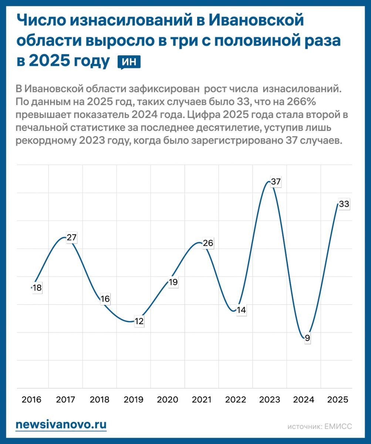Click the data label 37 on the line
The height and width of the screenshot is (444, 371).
[276, 182]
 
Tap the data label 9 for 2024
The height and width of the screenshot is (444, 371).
[307, 338]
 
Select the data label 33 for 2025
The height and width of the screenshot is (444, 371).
[344, 204]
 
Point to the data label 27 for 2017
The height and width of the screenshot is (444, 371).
[71, 238]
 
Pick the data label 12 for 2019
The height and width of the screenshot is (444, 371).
[139, 321]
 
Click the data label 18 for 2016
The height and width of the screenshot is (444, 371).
[37, 288]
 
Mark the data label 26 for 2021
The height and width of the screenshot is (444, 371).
[208, 243]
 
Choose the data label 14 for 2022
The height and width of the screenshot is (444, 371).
[241, 310]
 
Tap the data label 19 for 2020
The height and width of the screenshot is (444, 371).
[173, 282]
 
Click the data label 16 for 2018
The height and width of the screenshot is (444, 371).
[105, 299]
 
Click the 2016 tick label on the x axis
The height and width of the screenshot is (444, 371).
[31, 400]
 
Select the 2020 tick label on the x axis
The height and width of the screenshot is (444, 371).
[168, 400]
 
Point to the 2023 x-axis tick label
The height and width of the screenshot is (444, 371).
[270, 400]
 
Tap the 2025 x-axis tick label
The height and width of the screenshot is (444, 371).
[338, 400]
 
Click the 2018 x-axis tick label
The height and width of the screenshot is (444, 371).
[100, 400]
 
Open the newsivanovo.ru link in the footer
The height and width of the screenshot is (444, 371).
[61, 425]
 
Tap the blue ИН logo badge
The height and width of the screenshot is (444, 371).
[129, 62]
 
